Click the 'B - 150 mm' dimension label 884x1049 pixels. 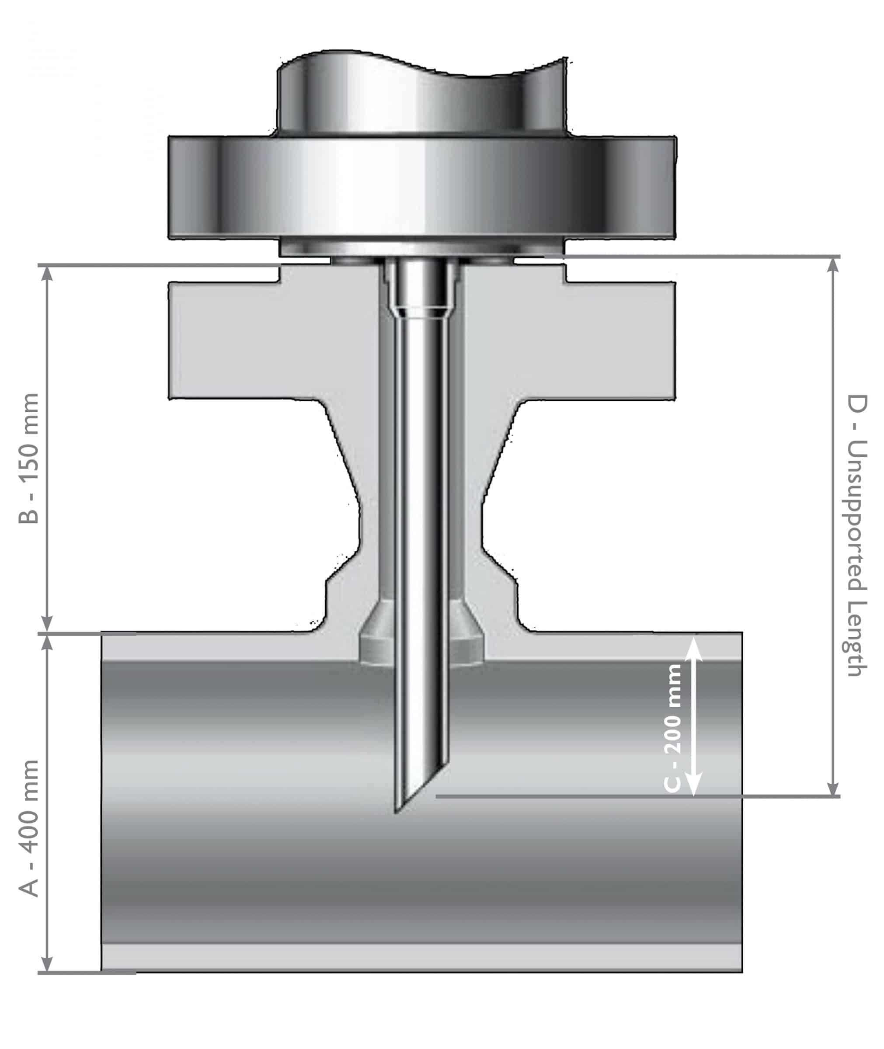(28, 459)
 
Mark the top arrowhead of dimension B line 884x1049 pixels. (47, 273)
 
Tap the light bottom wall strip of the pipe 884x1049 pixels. (421, 957)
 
